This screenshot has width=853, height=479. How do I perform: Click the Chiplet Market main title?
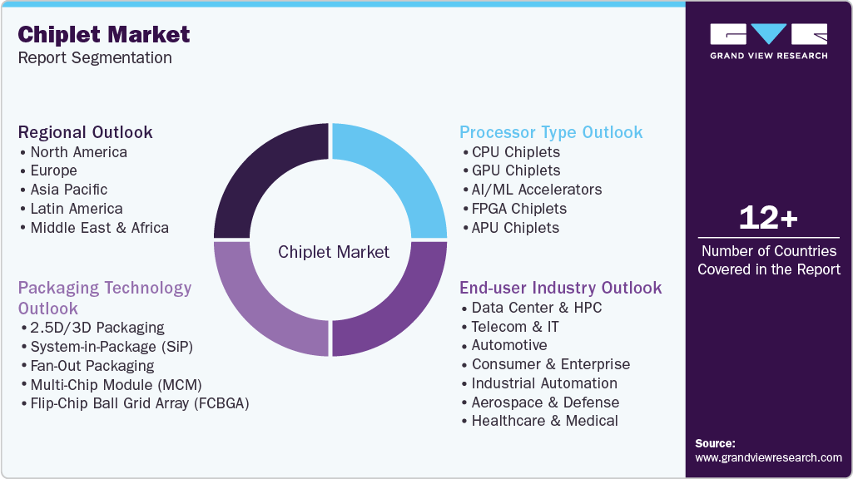tap(104, 34)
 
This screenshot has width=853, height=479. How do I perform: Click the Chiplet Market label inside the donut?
tap(333, 251)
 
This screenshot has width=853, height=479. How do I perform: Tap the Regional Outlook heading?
tap(86, 132)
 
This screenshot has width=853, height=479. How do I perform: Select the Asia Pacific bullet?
tap(69, 190)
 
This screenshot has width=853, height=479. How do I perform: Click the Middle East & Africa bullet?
tap(99, 227)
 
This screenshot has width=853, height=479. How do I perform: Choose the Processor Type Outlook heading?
tap(551, 132)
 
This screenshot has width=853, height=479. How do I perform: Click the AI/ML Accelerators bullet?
tap(537, 190)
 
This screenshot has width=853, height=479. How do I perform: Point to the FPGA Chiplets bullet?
tap(519, 209)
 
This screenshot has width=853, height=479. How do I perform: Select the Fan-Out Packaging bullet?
tap(92, 365)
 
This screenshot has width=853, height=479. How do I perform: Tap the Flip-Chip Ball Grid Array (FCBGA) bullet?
tap(140, 403)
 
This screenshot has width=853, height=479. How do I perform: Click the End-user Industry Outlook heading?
tap(560, 288)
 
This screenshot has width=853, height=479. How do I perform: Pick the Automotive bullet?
tap(509, 345)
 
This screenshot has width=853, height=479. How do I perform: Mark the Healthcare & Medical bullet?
tap(544, 421)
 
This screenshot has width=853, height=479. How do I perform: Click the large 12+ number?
tap(768, 219)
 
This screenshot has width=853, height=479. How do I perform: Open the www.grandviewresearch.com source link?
tap(768, 457)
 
